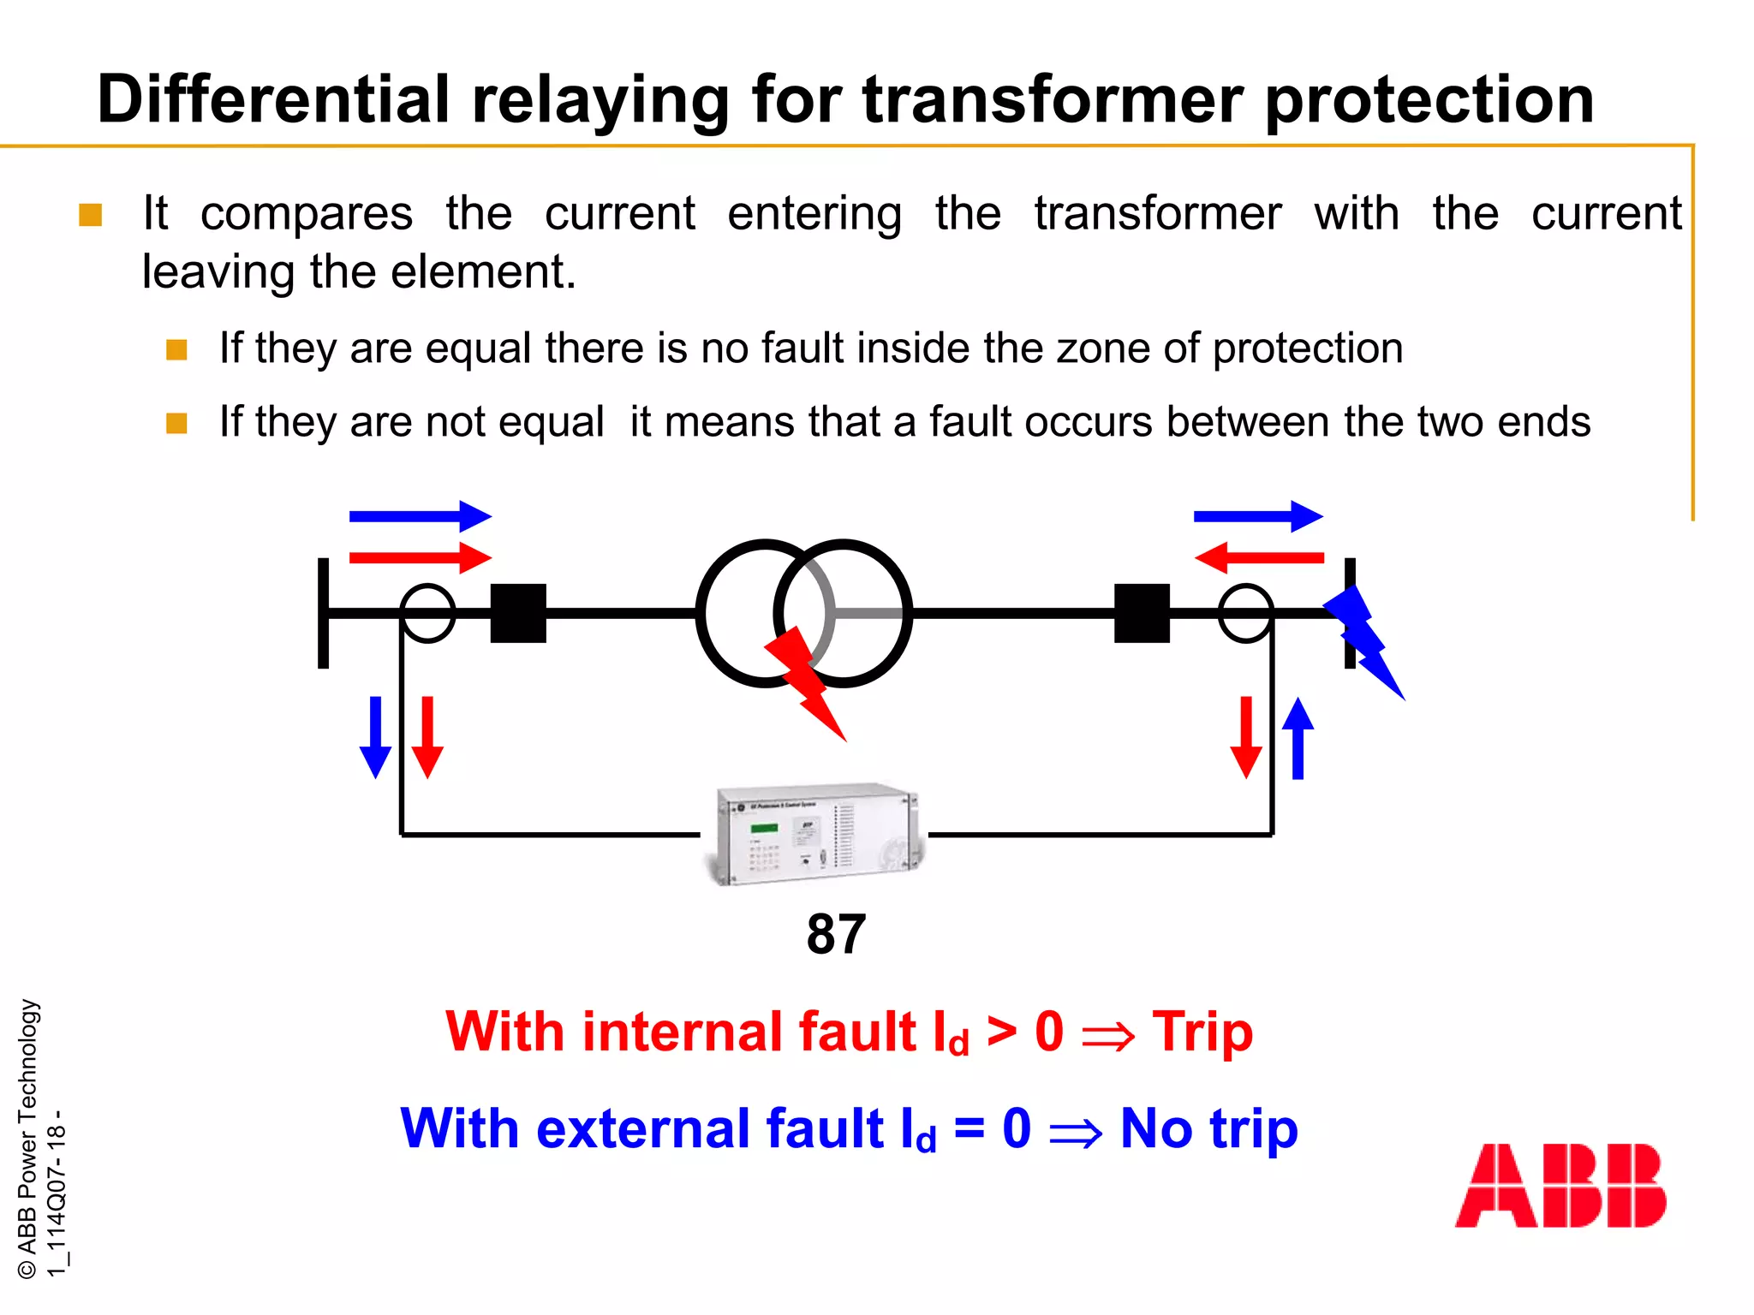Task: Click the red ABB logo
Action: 1560,1186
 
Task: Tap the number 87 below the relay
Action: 836,934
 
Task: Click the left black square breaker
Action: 518,613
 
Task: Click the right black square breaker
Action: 1142,613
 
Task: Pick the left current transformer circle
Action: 427,613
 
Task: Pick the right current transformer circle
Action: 1245,613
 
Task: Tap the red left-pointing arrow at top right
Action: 1258,557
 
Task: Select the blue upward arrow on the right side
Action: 1298,737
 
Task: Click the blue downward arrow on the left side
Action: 375,737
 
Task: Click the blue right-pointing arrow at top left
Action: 420,516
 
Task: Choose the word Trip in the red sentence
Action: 1202,1031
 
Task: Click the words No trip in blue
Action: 1208,1128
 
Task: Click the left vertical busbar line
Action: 323,613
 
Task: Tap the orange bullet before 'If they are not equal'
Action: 176,424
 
